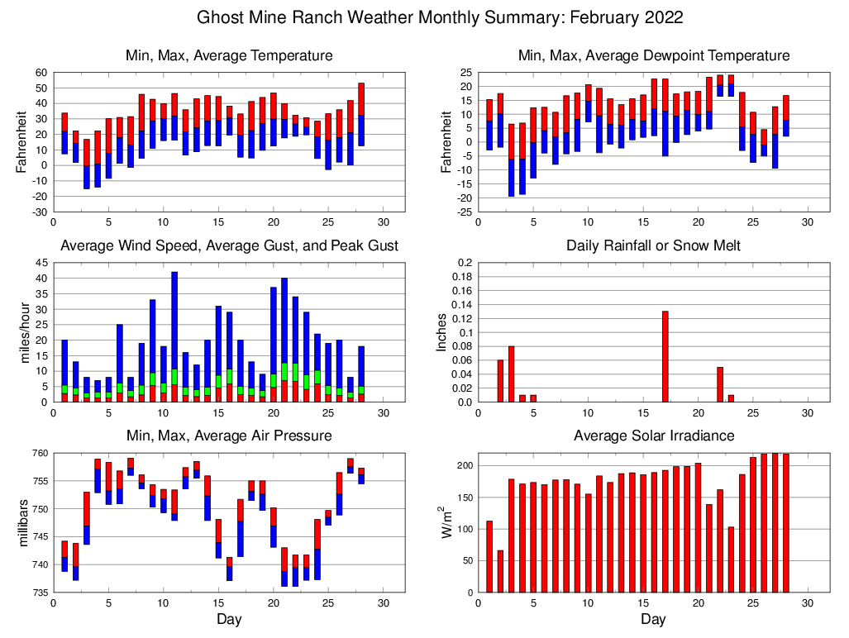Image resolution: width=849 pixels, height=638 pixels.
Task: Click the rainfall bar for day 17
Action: click(x=665, y=357)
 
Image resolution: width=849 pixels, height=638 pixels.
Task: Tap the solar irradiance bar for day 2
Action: click(x=500, y=571)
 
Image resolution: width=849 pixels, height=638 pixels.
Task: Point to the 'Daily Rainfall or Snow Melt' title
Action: click(x=653, y=245)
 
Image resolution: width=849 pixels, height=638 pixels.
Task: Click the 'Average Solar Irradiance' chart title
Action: click(x=653, y=436)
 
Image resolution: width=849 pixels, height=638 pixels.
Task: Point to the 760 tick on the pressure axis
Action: click(x=40, y=453)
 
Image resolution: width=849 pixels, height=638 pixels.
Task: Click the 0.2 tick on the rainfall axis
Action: click(x=465, y=263)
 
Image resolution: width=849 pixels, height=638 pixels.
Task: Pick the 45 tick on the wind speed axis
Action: click(x=41, y=263)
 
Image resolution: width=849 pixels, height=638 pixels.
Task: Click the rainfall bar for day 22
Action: click(x=719, y=384)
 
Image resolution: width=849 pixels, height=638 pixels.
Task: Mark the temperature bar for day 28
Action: click(x=361, y=114)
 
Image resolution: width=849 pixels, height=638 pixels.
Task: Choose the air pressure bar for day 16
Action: click(x=229, y=569)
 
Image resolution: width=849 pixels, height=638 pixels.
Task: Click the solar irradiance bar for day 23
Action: click(x=731, y=559)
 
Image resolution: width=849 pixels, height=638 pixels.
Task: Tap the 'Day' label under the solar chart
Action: click(x=653, y=619)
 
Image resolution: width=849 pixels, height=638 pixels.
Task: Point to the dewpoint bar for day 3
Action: click(x=511, y=160)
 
